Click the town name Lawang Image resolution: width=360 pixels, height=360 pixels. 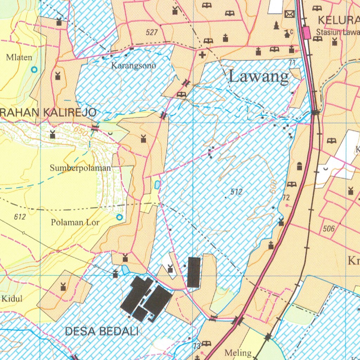point(259,76)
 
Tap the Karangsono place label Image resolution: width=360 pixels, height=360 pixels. point(134,65)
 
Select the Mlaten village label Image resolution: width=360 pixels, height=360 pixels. point(19,57)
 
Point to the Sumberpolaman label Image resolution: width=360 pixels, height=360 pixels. point(80,168)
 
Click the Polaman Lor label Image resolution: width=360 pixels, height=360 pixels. point(75,222)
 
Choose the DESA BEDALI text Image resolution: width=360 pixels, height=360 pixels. point(102,331)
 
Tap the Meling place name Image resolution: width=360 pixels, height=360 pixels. point(238,353)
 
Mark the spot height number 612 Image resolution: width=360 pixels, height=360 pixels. point(20,217)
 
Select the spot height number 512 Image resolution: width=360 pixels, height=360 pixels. point(237,192)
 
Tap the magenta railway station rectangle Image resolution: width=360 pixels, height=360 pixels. point(307,33)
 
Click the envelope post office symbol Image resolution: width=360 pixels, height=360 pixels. point(290,14)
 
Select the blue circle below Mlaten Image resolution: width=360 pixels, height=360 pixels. point(34,70)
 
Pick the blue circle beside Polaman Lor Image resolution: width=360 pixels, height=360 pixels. point(120,217)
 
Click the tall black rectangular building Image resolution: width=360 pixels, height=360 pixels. point(194,272)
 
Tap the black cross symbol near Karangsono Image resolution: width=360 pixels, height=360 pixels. point(202,55)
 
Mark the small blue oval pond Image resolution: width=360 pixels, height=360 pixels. point(157,184)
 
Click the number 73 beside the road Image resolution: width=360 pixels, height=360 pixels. point(197,346)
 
